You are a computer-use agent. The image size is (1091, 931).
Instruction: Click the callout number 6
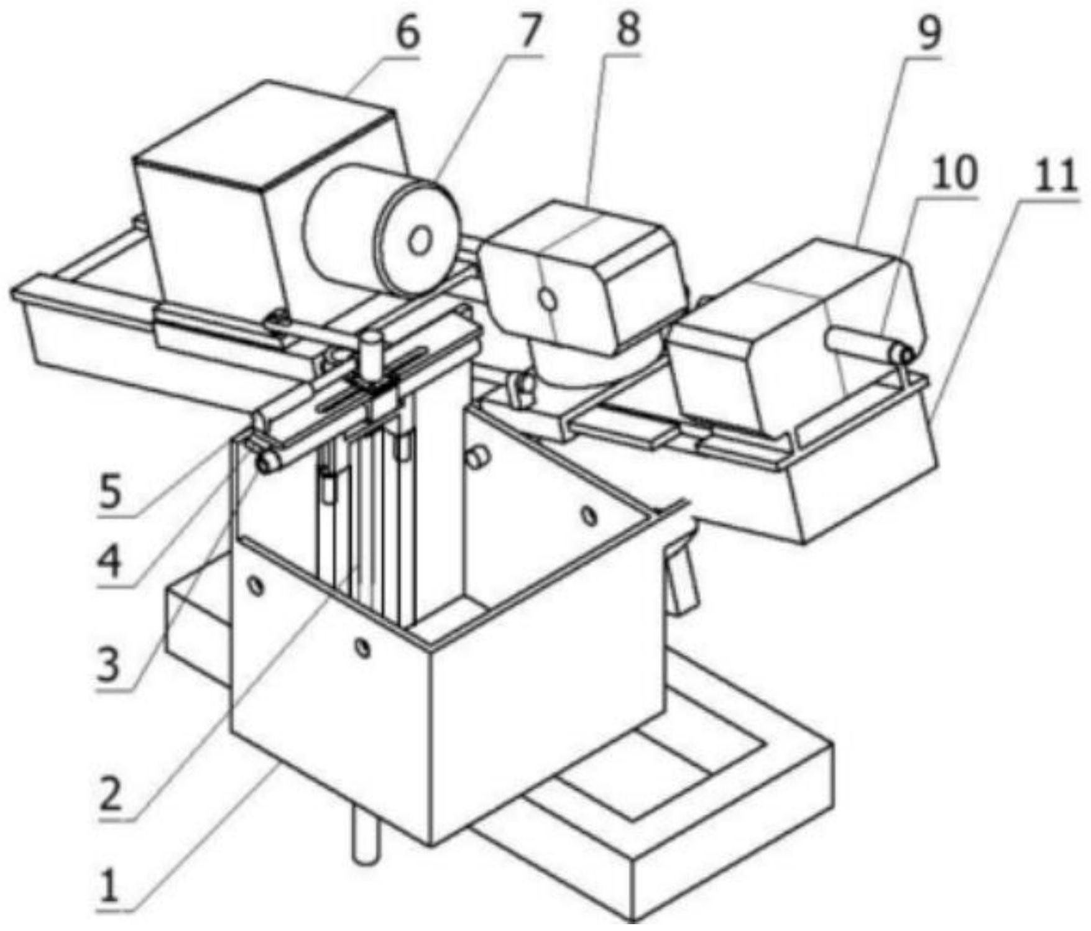pyautogui.click(x=407, y=34)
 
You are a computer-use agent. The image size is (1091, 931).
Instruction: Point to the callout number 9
pyautogui.click(x=929, y=35)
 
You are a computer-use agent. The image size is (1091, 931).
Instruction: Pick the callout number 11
pyautogui.click(x=1055, y=175)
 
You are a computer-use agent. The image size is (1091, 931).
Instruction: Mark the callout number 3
pyautogui.click(x=112, y=667)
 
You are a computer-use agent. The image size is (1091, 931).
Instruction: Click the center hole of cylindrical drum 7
pyautogui.click(x=420, y=242)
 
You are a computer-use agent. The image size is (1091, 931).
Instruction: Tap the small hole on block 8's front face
pyautogui.click(x=548, y=300)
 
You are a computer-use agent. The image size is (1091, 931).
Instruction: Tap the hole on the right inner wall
pyautogui.click(x=587, y=515)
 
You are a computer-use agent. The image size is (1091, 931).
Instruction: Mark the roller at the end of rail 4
pyautogui.click(x=269, y=461)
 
